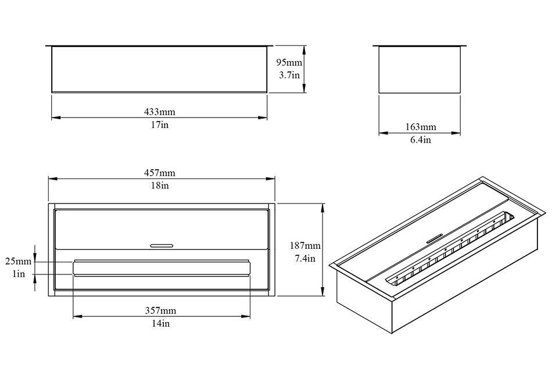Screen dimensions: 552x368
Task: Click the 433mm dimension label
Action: pyautogui.click(x=159, y=112)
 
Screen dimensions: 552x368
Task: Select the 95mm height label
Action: pyautogui.click(x=289, y=63)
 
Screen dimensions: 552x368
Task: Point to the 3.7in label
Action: pyautogui.click(x=289, y=75)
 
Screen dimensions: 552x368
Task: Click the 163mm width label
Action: pyautogui.click(x=420, y=127)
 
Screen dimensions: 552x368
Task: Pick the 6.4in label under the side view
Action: pyautogui.click(x=420, y=140)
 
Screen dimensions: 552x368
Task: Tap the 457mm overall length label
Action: pyautogui.click(x=159, y=173)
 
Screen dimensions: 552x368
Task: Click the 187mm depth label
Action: pyautogui.click(x=305, y=245)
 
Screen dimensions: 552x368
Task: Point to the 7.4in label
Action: pyautogui.click(x=305, y=259)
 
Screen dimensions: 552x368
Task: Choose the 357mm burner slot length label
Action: pyautogui.click(x=160, y=310)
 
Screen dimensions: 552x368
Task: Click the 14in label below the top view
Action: pyautogui.click(x=161, y=323)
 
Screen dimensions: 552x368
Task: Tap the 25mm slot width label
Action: pyautogui.click(x=19, y=261)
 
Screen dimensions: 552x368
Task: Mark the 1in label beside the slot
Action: pyautogui.click(x=19, y=274)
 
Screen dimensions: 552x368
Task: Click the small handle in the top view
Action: pyautogui.click(x=162, y=246)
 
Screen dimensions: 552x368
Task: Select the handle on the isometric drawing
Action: pyautogui.click(x=435, y=238)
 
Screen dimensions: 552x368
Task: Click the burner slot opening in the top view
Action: pyautogui.click(x=162, y=269)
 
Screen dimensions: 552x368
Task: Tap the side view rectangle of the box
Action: pyautogui.click(x=420, y=69)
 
